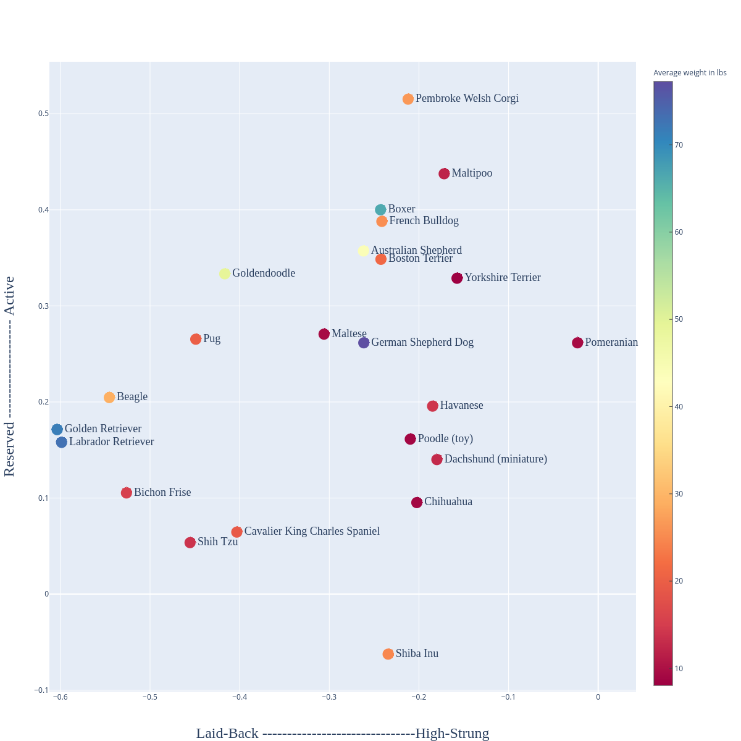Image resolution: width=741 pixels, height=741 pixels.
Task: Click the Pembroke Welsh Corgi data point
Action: point(408,99)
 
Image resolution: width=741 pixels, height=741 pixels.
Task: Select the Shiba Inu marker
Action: point(388,654)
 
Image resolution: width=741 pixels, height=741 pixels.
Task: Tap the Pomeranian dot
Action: point(578,343)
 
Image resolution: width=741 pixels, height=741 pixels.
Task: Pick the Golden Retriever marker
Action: point(57,429)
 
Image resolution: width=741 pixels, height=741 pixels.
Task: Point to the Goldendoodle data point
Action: point(225,274)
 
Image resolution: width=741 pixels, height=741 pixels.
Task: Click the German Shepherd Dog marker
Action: point(364,343)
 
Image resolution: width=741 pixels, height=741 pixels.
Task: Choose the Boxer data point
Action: point(381,210)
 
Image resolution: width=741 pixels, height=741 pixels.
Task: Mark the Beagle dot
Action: point(109,397)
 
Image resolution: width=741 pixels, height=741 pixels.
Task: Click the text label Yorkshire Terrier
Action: point(502,278)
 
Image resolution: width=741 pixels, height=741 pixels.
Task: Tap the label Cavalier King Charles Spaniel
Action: point(312,532)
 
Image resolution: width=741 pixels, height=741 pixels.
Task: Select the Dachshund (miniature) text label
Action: point(495,459)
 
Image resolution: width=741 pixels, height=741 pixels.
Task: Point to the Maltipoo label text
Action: point(472,174)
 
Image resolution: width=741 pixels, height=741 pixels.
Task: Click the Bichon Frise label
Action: point(162,493)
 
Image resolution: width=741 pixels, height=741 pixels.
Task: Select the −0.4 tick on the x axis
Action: point(240,697)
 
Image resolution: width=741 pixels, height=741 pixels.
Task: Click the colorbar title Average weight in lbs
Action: point(690,73)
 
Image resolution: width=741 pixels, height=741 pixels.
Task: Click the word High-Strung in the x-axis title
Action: point(452,734)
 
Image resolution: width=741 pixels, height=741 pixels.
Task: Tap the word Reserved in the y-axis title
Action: point(9,449)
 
